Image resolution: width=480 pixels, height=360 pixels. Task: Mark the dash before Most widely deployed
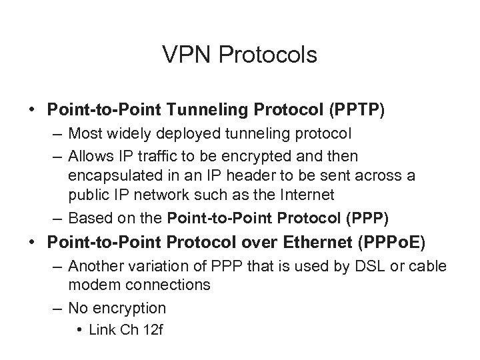tap(58, 134)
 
